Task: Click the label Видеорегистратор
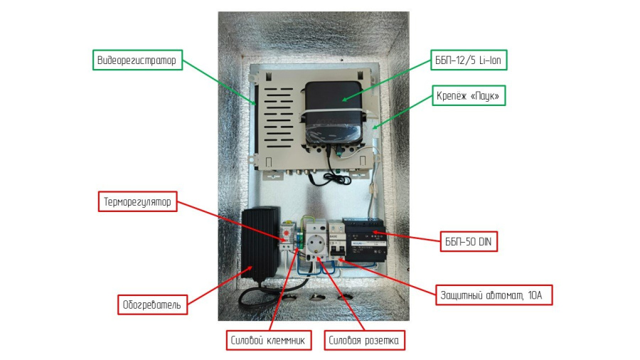click(x=138, y=60)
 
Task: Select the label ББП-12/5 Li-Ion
click(x=468, y=60)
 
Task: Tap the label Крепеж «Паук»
click(x=469, y=95)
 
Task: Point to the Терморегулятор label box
click(x=137, y=202)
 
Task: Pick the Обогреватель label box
click(x=152, y=305)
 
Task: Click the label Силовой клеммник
click(x=270, y=341)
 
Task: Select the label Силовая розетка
click(x=366, y=341)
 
